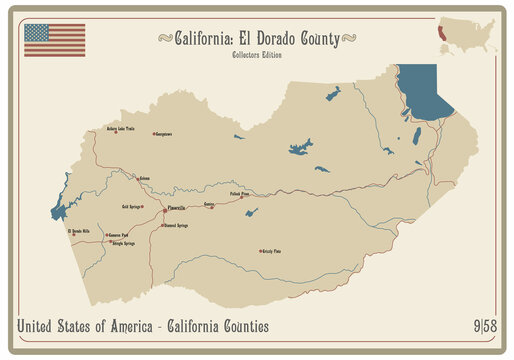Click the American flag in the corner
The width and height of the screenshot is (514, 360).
point(54,40)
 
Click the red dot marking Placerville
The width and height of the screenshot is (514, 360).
point(164,210)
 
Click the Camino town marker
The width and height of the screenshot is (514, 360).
point(211,207)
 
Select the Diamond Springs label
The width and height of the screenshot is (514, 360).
point(176,226)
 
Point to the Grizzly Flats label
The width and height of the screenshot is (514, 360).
point(270,251)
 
